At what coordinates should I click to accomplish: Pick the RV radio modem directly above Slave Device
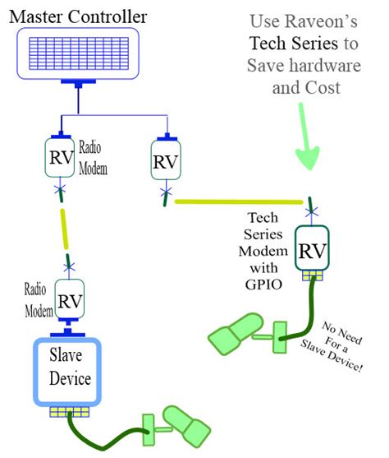click(x=68, y=301)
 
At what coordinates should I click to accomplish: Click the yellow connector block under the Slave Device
click(x=67, y=412)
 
